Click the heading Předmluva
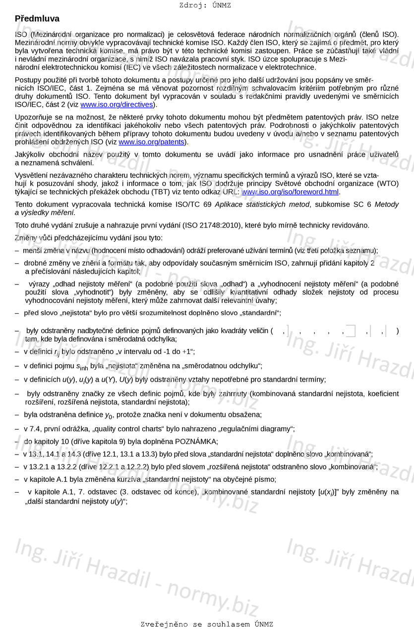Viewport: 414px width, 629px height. [37, 19]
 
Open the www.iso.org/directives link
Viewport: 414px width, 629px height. [117, 105]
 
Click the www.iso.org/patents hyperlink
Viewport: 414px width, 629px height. [151, 142]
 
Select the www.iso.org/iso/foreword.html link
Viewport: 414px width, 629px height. [290, 192]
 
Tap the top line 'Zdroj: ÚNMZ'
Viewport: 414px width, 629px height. [205, 5]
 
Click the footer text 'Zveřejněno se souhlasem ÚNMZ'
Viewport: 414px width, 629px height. [207, 624]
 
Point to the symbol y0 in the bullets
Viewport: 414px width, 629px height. [109, 415]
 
